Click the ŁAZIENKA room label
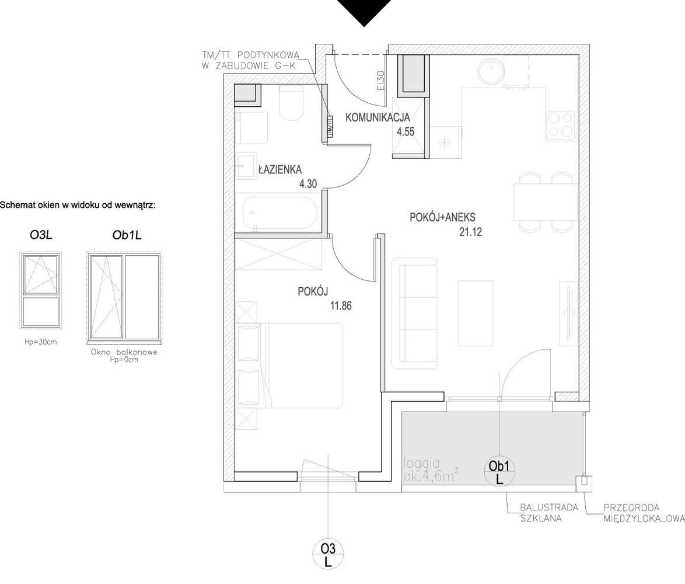(279, 169)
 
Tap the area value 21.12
(470, 232)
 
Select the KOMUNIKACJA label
(378, 117)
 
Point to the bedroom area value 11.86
(340, 305)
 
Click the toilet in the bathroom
(291, 103)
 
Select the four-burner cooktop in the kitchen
(561, 125)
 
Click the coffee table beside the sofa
(476, 314)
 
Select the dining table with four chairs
(546, 202)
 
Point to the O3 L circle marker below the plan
(328, 554)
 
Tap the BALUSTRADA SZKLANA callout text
(548, 513)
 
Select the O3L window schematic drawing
(41, 290)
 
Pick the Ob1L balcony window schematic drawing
(124, 296)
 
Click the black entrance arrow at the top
(364, 13)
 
